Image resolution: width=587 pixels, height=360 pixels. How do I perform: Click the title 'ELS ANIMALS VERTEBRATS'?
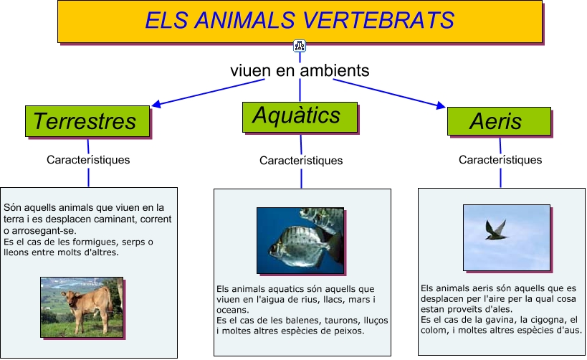(x=300, y=20)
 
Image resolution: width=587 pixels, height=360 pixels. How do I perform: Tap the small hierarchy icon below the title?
(x=300, y=46)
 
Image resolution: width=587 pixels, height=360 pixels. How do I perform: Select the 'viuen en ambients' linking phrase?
(x=300, y=70)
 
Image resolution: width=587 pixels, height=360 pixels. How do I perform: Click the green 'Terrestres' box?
(x=87, y=121)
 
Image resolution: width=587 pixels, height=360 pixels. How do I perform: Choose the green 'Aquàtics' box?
(x=300, y=118)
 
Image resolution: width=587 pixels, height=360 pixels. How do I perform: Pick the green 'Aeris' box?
(x=499, y=121)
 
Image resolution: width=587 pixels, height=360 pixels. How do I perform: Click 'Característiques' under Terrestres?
(x=88, y=160)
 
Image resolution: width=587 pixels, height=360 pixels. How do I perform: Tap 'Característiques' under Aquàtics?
(x=301, y=161)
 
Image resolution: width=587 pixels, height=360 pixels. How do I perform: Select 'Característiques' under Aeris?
(x=500, y=160)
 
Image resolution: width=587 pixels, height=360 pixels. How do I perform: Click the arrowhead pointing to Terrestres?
(x=156, y=104)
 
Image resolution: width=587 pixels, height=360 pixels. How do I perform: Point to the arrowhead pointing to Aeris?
(x=441, y=105)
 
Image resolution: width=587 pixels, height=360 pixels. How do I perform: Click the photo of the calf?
(x=82, y=307)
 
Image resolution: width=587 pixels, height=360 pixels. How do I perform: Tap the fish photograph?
(x=300, y=240)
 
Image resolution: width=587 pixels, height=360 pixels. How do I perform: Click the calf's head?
(x=70, y=298)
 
